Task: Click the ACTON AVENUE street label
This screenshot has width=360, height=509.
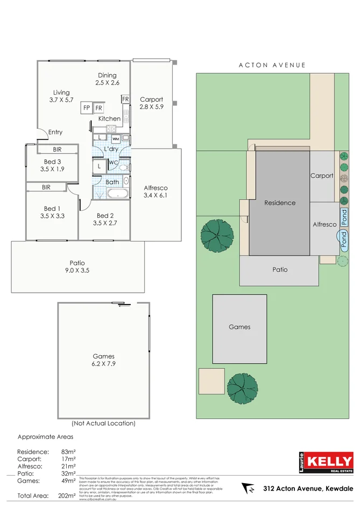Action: [272, 65]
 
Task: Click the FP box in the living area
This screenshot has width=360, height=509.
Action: [86, 108]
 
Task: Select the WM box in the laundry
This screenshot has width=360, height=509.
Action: [116, 139]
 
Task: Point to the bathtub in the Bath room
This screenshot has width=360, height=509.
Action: [115, 194]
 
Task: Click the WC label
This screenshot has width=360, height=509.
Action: [114, 162]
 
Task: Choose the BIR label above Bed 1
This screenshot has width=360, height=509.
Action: [46, 187]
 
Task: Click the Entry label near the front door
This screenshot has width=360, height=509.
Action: [55, 132]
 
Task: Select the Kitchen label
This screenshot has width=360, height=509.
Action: [109, 119]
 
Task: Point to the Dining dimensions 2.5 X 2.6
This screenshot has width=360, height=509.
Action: [107, 83]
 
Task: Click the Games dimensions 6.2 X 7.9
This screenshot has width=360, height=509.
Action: [103, 364]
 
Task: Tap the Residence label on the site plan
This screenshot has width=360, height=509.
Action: [280, 203]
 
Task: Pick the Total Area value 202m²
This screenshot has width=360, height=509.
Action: [68, 496]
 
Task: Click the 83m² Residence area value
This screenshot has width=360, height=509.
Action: [68, 452]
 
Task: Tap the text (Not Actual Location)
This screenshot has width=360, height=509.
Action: [103, 423]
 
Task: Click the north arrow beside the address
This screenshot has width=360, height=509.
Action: [249, 489]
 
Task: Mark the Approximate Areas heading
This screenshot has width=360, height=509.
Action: [45, 437]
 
